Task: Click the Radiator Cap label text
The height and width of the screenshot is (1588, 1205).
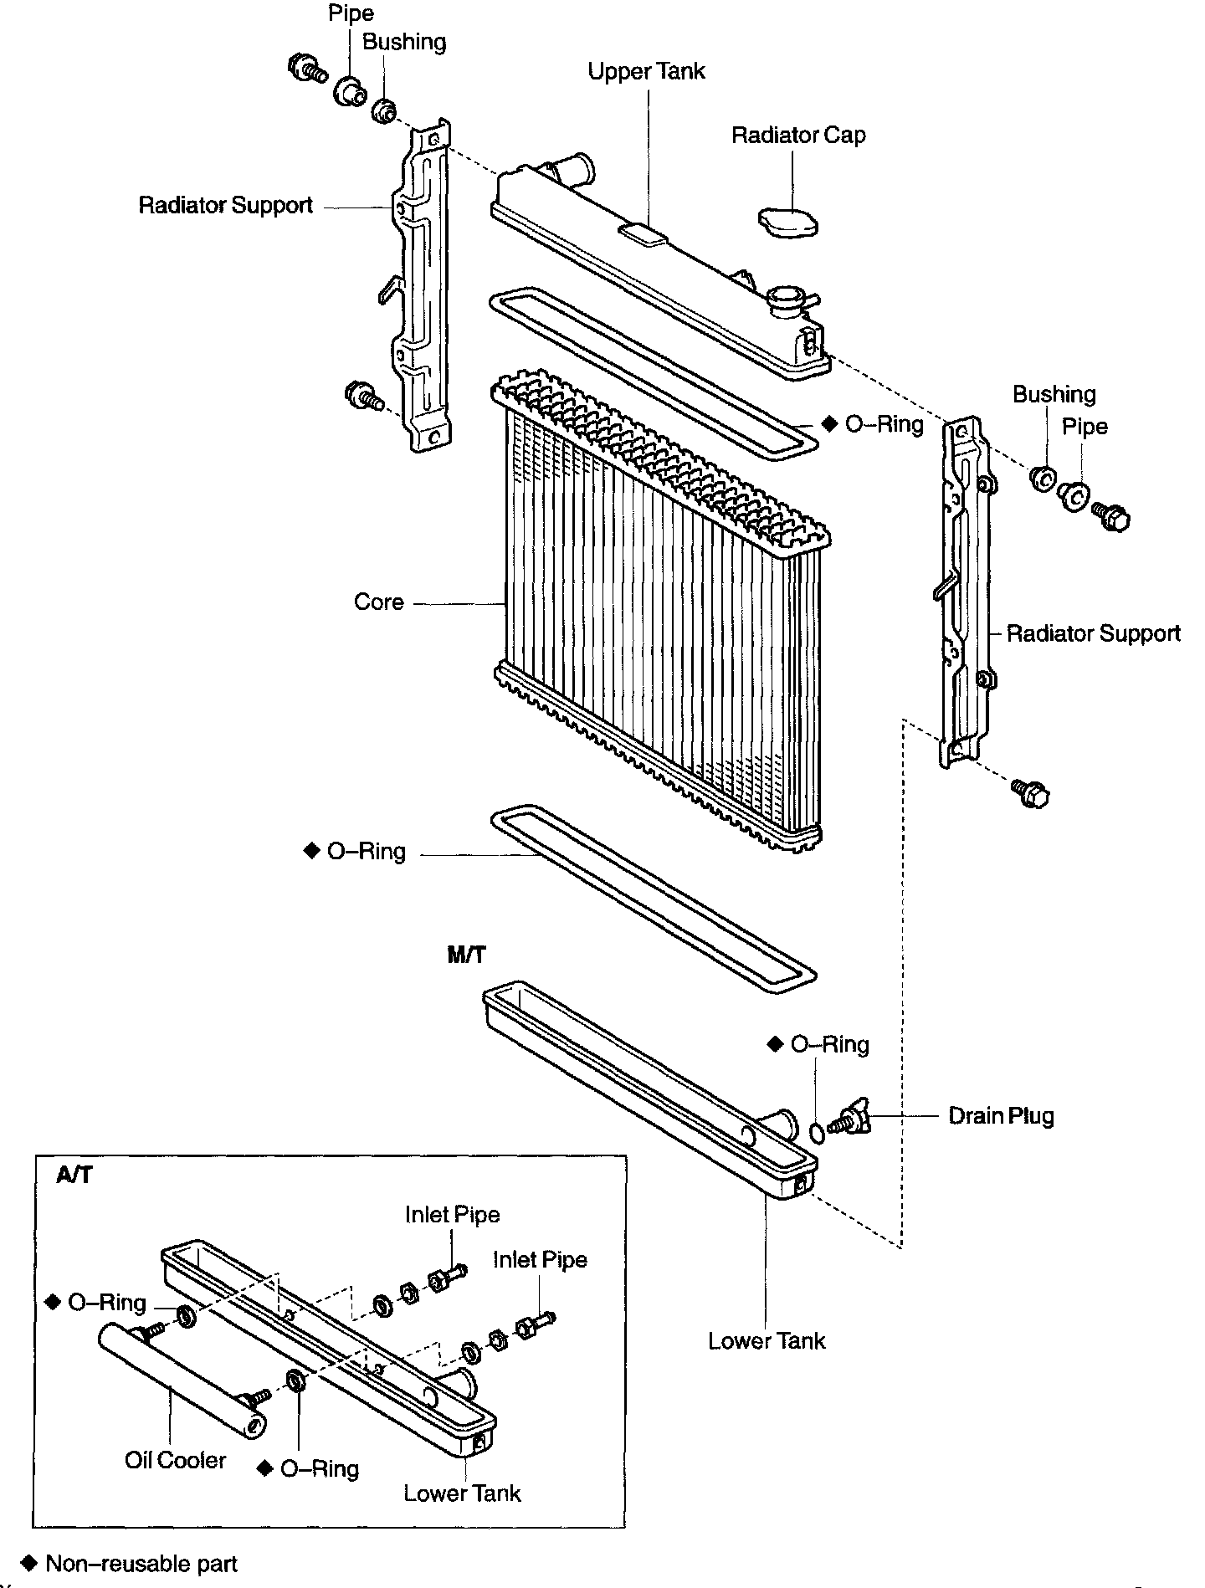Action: coord(798,136)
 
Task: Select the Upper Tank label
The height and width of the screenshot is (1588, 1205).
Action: coord(646,71)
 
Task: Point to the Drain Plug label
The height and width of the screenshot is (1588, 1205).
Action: coord(1001,1116)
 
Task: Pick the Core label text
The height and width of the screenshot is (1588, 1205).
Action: coord(379,602)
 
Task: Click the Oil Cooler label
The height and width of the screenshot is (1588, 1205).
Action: coord(176,1460)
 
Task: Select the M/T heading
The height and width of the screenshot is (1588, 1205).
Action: coord(466,955)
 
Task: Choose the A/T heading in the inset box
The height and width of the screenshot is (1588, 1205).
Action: coord(74,1175)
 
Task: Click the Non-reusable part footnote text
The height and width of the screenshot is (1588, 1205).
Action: coord(141,1564)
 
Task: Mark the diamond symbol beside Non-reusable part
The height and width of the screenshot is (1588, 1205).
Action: coord(30,1563)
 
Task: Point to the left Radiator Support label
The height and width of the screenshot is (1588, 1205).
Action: coord(226,206)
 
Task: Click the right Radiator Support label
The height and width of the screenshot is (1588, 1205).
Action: coord(1093,633)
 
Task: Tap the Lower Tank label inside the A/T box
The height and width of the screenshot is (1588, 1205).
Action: coord(462,1493)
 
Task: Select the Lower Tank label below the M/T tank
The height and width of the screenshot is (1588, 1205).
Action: coord(767,1341)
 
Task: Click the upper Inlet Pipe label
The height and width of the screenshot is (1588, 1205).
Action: coord(453,1215)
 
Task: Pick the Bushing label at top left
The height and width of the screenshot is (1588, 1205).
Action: coord(404,43)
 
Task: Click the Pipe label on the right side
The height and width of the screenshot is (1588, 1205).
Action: coord(1084,427)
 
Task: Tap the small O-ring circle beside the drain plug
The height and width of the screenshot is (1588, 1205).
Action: coord(818,1132)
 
